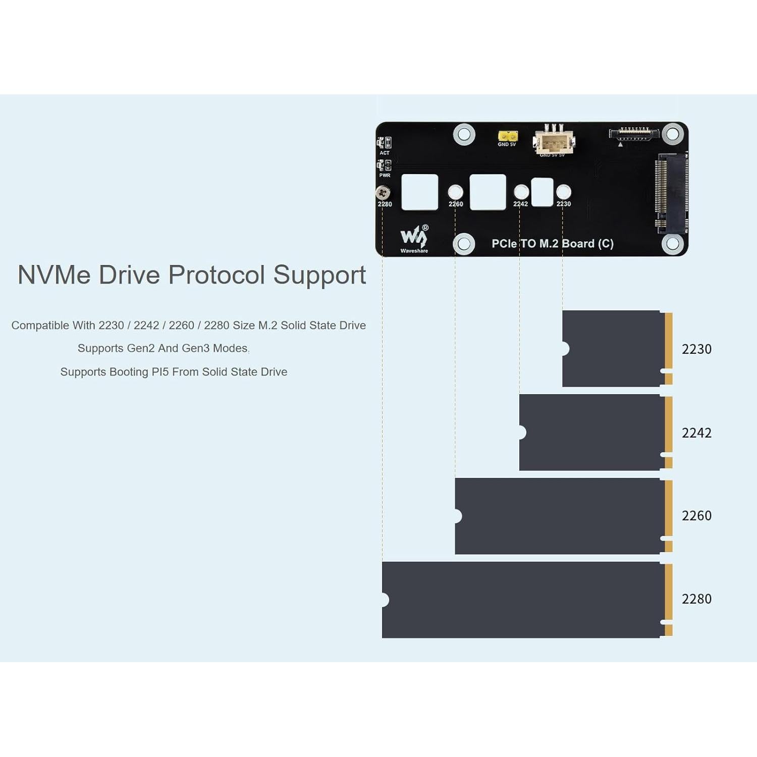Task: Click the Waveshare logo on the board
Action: point(414,238)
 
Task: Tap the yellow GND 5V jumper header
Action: point(508,136)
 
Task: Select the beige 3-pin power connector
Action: point(554,141)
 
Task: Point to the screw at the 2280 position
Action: point(383,193)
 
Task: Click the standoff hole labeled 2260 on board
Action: point(455,192)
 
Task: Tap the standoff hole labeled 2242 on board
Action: point(521,192)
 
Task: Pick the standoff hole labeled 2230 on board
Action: point(563,192)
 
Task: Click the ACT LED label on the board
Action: point(385,153)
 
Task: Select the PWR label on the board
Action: point(385,175)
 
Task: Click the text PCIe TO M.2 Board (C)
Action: point(553,244)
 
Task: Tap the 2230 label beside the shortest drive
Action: point(696,349)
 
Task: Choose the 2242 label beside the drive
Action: point(696,433)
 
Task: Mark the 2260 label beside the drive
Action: point(696,516)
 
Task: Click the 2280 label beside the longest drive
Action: point(696,599)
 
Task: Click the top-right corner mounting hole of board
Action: point(672,134)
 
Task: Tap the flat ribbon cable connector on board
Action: point(634,134)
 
